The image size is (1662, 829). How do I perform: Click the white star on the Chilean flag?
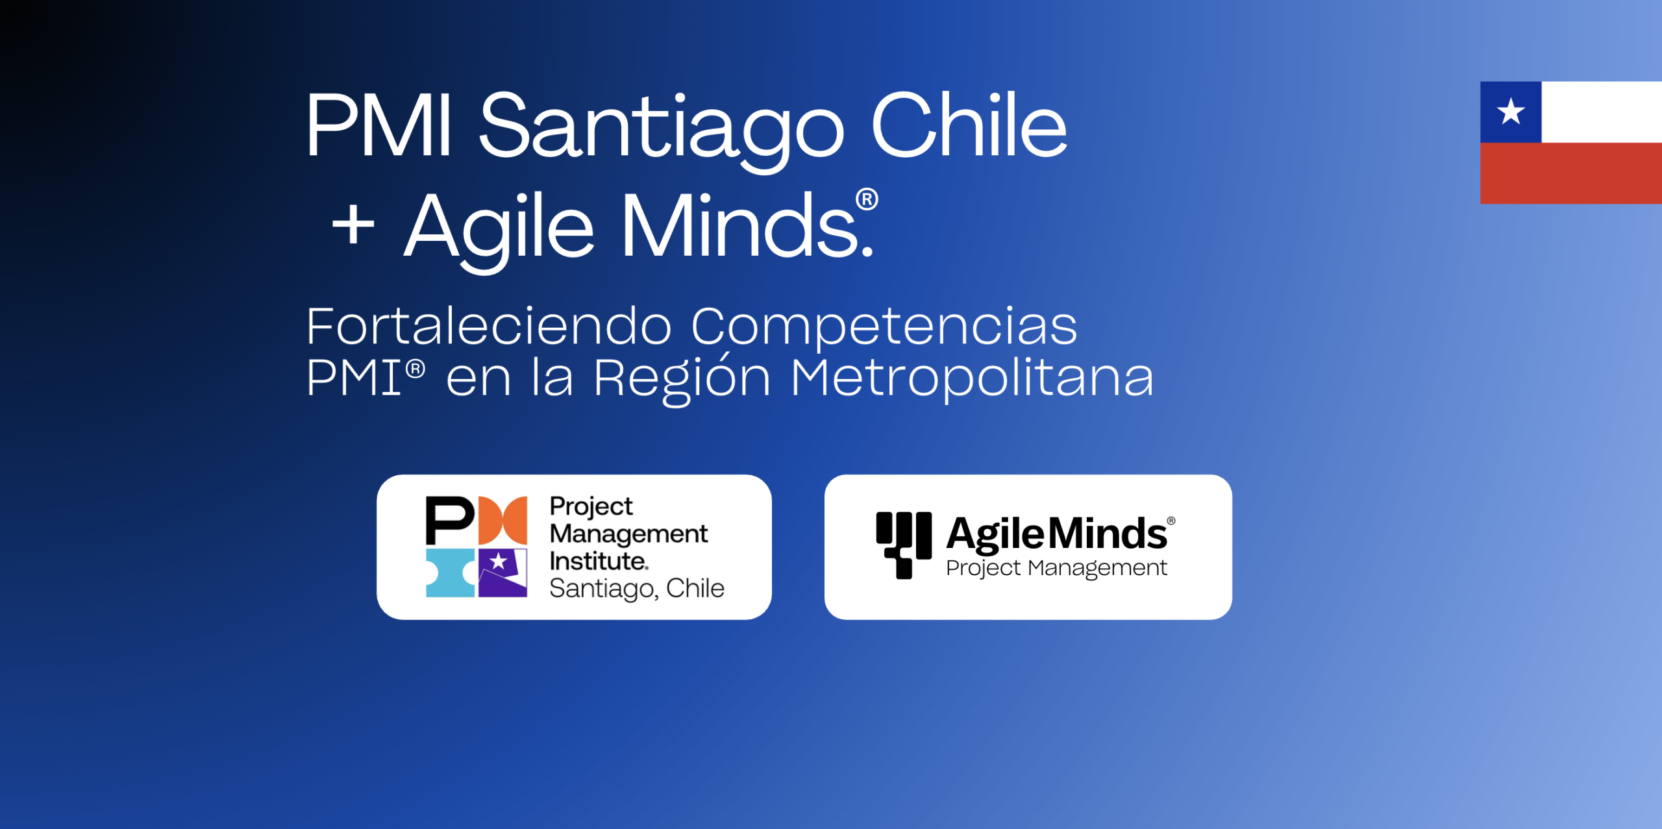coord(1510,112)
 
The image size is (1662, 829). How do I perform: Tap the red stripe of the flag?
coord(1571,173)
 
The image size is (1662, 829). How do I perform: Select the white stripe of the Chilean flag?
coord(1601,112)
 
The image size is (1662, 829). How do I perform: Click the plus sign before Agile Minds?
coord(353,225)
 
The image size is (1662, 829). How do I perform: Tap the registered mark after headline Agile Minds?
coord(867,199)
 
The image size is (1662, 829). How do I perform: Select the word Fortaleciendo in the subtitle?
coord(488,326)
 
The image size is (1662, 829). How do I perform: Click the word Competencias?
coord(884,327)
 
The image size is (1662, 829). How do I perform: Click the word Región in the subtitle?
coord(682,378)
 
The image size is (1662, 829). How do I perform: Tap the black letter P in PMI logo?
coord(449,520)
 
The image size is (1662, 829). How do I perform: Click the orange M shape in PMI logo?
coord(502,520)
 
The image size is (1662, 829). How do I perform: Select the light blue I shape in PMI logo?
coord(450,573)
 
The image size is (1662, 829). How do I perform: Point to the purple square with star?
coord(502,572)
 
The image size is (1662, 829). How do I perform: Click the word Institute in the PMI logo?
coord(598,561)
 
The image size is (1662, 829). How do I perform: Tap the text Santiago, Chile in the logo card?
coord(636,588)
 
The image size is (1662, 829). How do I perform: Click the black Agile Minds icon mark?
coord(903,544)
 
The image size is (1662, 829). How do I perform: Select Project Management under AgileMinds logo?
coord(1056,568)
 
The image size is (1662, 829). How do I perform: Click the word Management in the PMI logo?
coord(628,534)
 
